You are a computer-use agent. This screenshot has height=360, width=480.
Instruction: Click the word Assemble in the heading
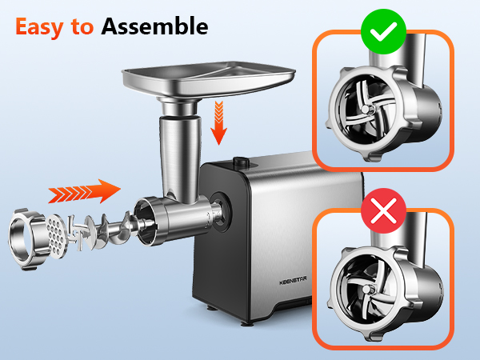[x=154, y=26]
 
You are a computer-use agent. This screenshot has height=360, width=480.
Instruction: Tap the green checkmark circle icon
[x=383, y=33]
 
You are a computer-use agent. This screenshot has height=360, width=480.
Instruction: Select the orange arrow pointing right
[x=84, y=193]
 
